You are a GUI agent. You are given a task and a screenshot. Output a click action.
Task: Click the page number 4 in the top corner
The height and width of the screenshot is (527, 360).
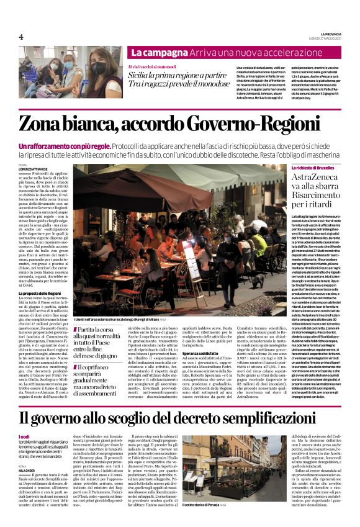pos(20,37)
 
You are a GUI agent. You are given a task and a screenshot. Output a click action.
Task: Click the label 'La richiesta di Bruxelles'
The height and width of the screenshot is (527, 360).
pos(310,168)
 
